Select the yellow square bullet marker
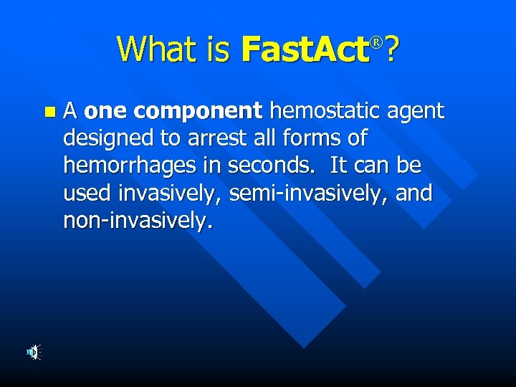[49, 112]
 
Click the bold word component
[198, 111]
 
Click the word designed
[107, 139]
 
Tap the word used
[86, 193]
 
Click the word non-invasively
[138, 221]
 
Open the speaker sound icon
[34, 352]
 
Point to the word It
[339, 166]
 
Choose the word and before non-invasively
[414, 193]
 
